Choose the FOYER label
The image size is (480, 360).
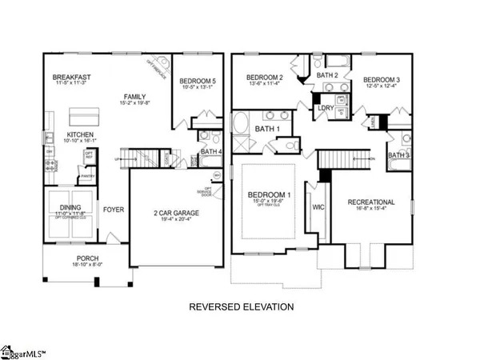pyautogui.click(x=112, y=210)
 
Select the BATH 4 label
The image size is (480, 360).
pyautogui.click(x=210, y=150)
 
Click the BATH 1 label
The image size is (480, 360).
pyautogui.click(x=266, y=129)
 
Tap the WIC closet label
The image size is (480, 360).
pyautogui.click(x=318, y=207)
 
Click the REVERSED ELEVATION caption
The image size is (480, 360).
pyautogui.click(x=241, y=306)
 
